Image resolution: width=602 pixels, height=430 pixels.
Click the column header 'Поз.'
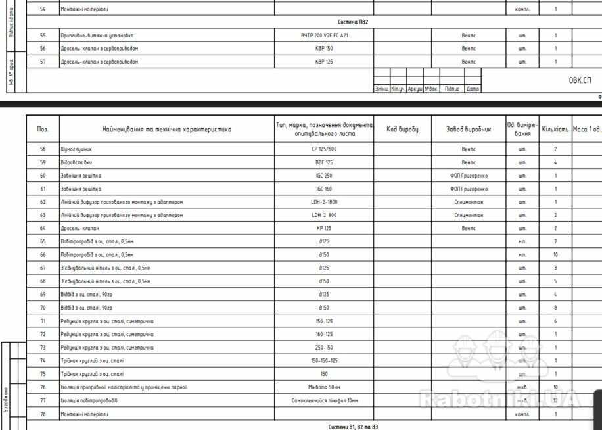pos(43,130)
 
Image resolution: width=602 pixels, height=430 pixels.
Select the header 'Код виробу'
pos(402,130)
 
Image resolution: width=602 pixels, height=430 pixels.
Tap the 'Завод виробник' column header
pos(469,130)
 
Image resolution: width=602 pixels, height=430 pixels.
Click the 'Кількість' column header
pos(555,130)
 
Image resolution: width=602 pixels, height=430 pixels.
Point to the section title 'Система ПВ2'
pos(353,22)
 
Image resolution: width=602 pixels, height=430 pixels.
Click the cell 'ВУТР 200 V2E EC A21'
pos(324,36)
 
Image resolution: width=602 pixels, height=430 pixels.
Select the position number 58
pos(43,149)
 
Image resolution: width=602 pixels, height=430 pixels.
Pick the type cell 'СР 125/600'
pos(324,149)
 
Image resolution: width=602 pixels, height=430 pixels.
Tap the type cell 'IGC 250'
pos(324,176)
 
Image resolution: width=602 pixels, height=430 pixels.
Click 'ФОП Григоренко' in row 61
pos(469,189)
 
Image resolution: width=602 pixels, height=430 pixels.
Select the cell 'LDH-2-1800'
pos(324,202)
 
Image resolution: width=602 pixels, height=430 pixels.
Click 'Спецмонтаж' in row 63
pos(469,215)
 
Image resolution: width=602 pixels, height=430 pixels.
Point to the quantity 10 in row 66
pos(555,254)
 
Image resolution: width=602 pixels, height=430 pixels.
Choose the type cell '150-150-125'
pos(324,360)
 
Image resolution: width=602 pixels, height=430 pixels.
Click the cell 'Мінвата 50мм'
pos(324,387)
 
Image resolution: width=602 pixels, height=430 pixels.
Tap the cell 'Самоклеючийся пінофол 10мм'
pos(324,400)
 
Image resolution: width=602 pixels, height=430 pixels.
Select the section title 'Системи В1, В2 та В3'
pos(353,427)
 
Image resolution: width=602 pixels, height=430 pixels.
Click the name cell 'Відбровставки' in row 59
pos(76,162)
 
